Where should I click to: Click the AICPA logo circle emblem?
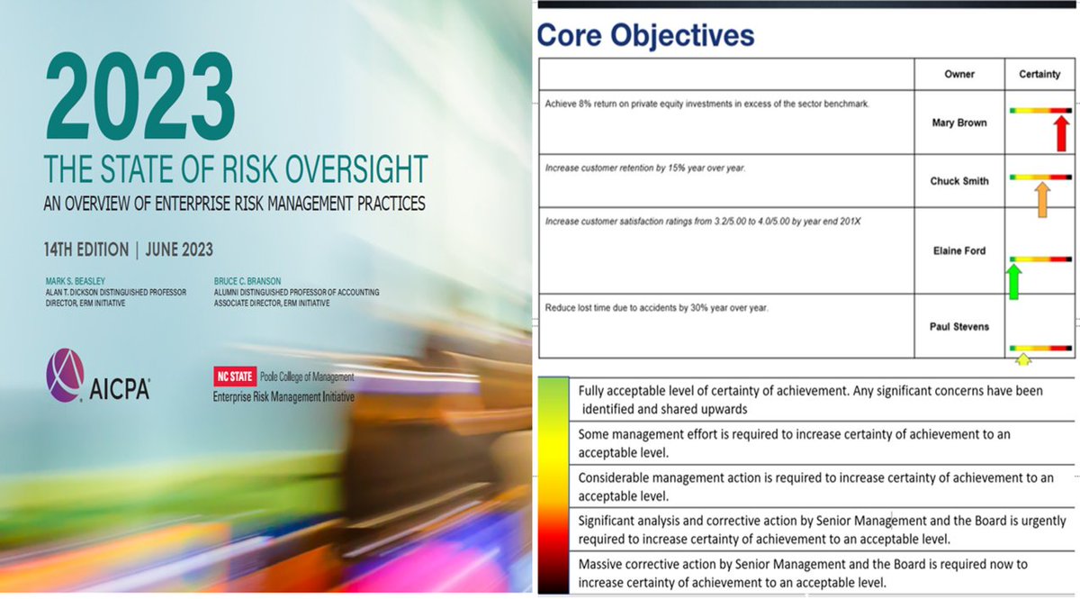point(65,375)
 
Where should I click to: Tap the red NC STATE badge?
point(230,377)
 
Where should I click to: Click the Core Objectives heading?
point(644,36)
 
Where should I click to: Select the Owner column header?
point(959,74)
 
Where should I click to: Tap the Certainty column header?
point(1039,74)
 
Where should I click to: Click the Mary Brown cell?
point(959,123)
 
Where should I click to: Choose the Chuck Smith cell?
point(959,181)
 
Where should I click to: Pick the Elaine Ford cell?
point(959,251)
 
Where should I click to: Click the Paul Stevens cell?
point(959,326)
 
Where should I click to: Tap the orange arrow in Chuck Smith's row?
point(1041,196)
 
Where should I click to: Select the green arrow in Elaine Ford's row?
point(1013,280)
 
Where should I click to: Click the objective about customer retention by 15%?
point(644,168)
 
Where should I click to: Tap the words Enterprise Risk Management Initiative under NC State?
point(283,396)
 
